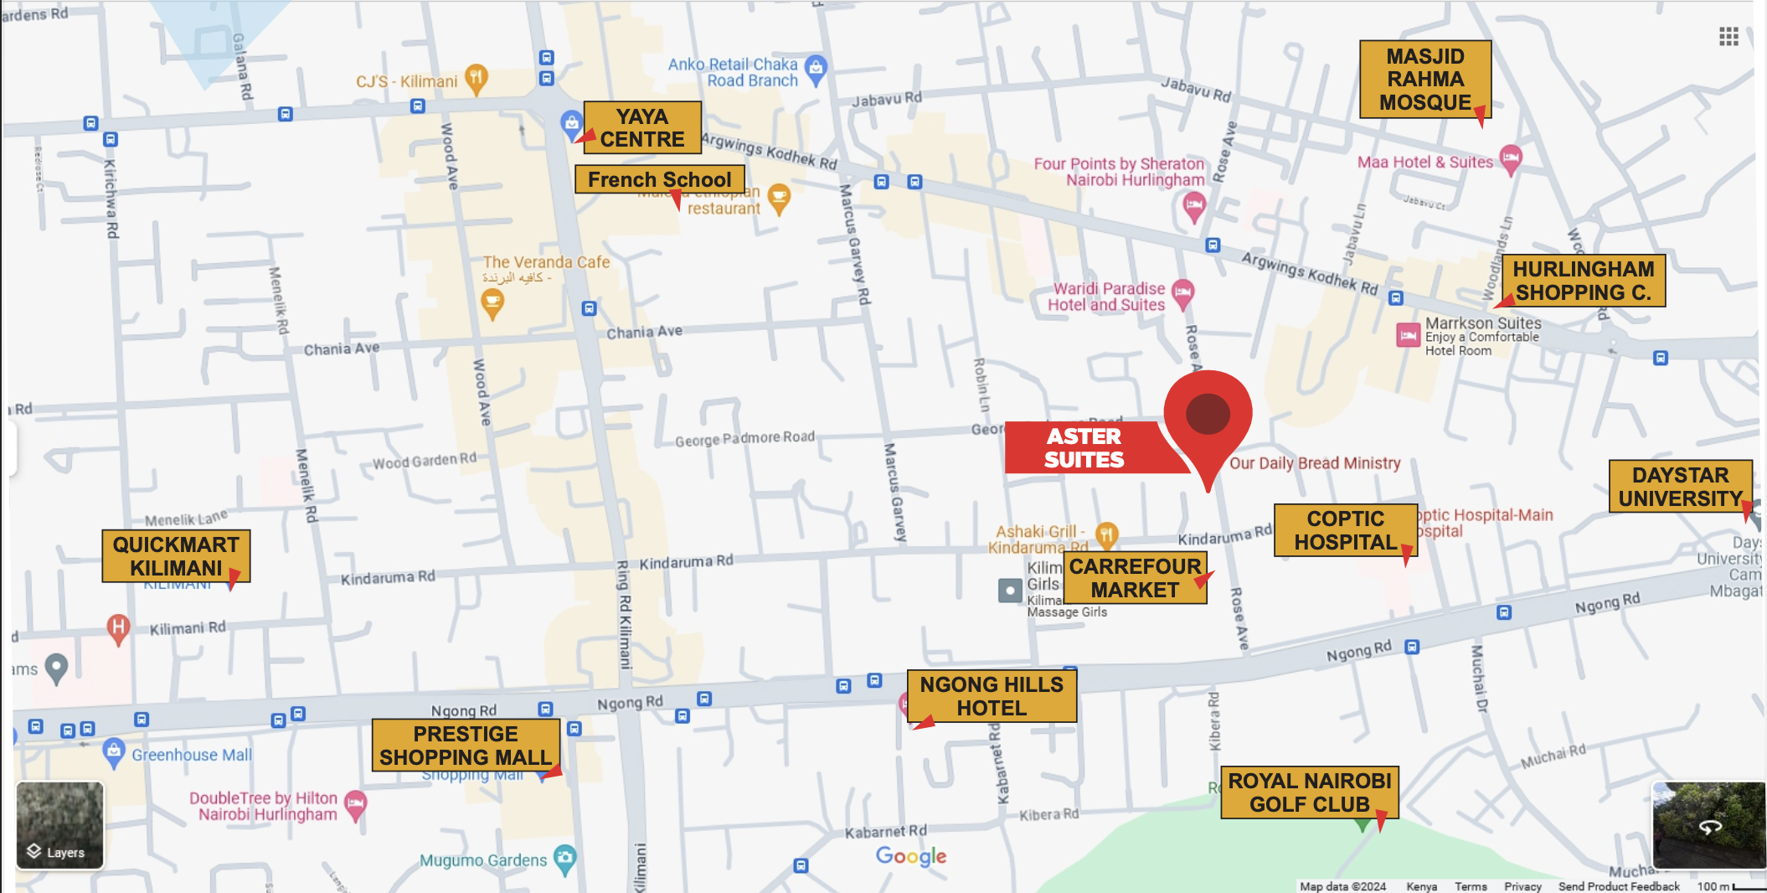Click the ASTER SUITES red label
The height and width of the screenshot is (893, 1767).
point(1084,448)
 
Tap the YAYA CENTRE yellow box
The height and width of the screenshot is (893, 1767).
point(642,128)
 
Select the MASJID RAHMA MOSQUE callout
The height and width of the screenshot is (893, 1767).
point(1424,80)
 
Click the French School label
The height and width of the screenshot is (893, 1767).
point(659,180)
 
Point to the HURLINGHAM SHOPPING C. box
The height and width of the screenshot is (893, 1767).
point(1583,281)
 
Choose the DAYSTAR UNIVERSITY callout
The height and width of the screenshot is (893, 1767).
point(1679,487)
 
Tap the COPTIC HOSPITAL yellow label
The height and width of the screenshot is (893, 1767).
point(1345,530)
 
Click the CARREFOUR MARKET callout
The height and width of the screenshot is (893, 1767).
point(1135,578)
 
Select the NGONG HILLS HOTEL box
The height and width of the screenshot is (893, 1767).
point(992,696)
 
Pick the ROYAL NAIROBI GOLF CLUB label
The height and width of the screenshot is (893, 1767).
point(1309,792)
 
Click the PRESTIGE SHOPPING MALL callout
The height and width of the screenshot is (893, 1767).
point(466,746)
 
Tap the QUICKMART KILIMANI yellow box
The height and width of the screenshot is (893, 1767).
point(176,556)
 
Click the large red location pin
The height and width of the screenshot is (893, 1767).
point(1208,414)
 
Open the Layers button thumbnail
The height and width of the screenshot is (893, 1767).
point(60,825)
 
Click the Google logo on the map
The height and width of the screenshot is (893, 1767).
point(911,855)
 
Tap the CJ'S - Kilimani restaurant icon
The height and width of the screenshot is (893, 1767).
point(476,78)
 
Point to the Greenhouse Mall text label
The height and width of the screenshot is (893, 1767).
point(191,755)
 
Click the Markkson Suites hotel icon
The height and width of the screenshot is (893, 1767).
point(1408,335)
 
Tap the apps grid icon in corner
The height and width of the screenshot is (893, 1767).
point(1728,36)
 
